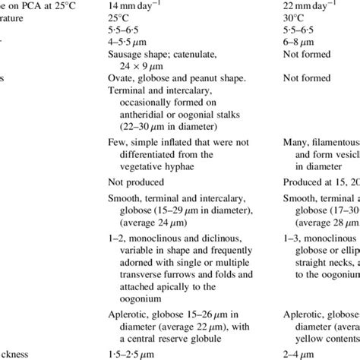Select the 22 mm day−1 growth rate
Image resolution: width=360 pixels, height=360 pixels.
point(315,7)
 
